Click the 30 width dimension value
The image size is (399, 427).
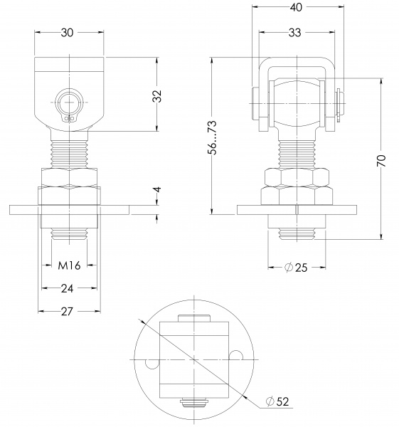pos(68,32)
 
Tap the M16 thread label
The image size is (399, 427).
pos(68,265)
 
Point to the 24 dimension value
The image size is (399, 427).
pos(68,288)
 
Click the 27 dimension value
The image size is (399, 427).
pos(68,311)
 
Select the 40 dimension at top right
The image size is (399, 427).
pos(296,8)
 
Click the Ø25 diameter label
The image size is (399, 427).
pos(296,268)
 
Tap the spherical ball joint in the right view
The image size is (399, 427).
pos(296,104)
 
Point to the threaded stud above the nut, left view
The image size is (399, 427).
pos(69,152)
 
